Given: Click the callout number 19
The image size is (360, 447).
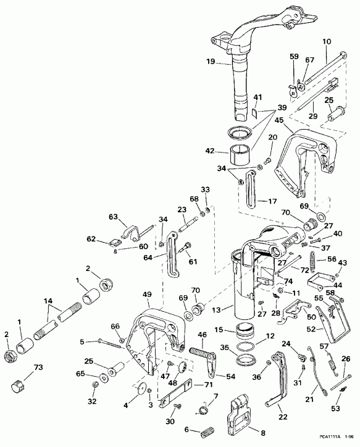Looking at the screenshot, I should click(x=210, y=62).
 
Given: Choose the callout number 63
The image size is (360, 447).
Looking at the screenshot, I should click(x=114, y=217).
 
